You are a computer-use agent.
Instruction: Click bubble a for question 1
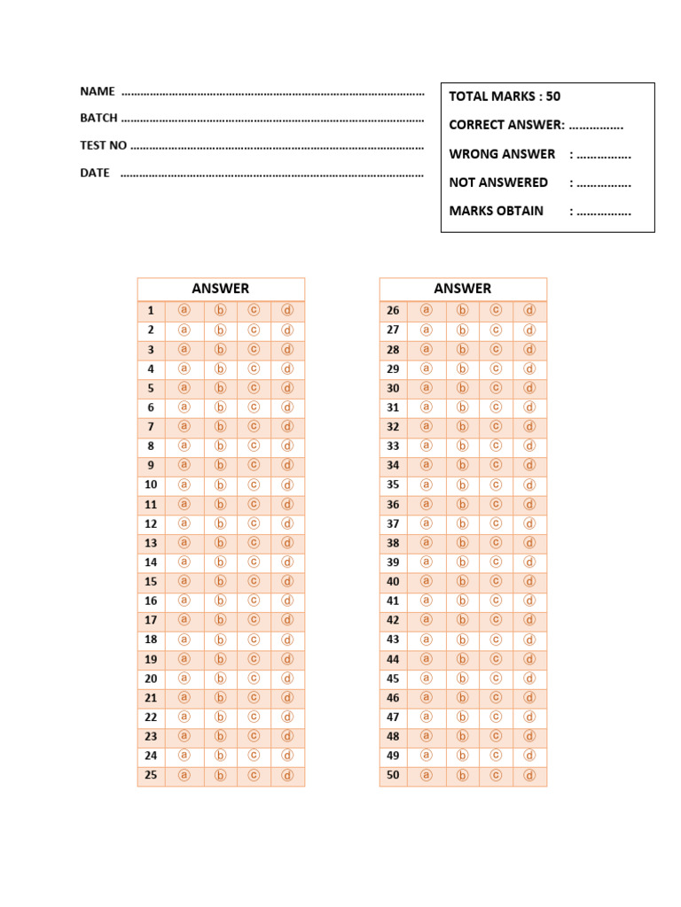185,310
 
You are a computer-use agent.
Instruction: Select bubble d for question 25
287,775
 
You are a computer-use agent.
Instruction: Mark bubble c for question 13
254,542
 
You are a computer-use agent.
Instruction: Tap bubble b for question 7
221,426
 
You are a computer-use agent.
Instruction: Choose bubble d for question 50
529,775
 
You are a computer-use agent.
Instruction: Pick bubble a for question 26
427,310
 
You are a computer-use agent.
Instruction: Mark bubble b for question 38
462,542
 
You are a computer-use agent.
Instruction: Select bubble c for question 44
496,659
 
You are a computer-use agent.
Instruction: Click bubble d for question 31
529,407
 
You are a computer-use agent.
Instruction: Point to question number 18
151,640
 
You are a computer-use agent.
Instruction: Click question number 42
393,620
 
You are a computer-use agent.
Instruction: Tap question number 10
151,485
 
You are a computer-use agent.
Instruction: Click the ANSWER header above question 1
221,289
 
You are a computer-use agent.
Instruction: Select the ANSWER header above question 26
463,289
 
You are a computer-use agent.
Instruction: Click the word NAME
98,91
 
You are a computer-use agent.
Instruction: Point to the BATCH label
99,118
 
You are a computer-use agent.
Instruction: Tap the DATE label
95,173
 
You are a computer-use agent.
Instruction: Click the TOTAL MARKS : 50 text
505,97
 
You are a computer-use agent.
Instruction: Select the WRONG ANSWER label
502,154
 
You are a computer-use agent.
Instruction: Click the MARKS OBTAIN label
496,211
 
